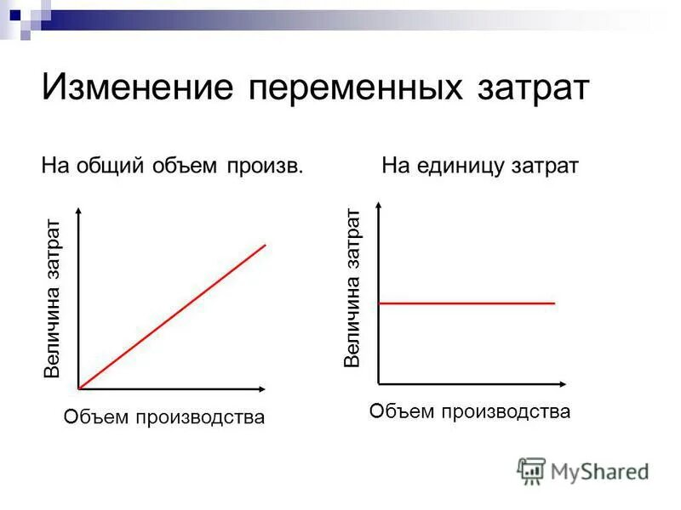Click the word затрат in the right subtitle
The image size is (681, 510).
pos(545,165)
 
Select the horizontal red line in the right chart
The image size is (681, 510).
pos(466,303)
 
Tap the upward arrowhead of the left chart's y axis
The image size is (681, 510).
pos(78,211)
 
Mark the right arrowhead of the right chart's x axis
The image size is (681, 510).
pos(564,384)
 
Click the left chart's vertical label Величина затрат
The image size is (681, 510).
pos(53,297)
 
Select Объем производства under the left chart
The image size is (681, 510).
pos(164,417)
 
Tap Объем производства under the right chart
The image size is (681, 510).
pos(469,412)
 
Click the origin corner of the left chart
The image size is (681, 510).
pos(78,388)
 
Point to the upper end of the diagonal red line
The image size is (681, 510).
pos(265,245)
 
